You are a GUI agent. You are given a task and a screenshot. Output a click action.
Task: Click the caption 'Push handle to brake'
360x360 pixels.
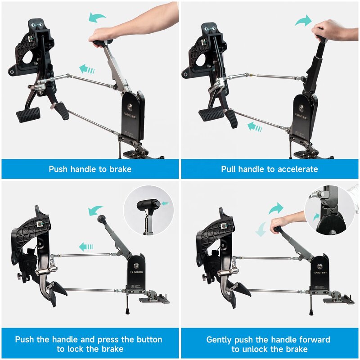(x=90, y=169)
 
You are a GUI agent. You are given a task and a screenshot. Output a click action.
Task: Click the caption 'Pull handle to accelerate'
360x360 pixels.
(x=270, y=169)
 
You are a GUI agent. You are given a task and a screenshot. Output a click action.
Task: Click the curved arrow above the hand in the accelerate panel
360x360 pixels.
(x=303, y=20)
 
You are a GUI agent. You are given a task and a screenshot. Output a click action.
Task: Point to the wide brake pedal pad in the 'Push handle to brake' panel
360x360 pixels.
(x=28, y=115)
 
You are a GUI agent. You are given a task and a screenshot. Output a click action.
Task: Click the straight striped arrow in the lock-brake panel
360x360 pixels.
(x=86, y=247)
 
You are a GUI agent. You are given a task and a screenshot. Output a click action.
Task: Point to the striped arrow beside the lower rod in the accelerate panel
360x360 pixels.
(x=255, y=127)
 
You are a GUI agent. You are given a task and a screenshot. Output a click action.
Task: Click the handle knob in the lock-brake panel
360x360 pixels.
(x=102, y=219)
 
